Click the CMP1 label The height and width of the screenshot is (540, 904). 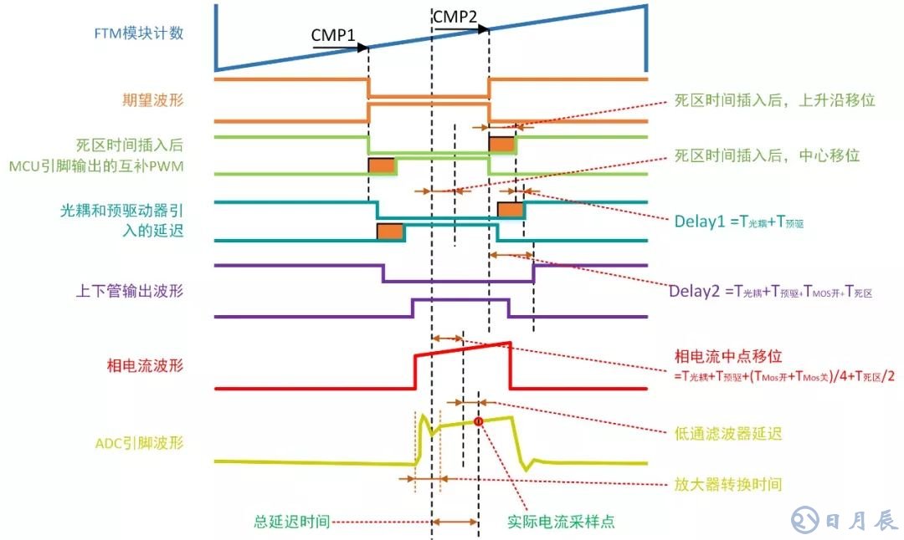coord(333,35)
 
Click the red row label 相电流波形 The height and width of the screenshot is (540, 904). coord(144,365)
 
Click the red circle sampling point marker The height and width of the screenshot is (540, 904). coord(479,421)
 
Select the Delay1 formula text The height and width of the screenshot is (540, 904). coord(739,222)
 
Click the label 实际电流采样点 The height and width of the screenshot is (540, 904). coord(561,522)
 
